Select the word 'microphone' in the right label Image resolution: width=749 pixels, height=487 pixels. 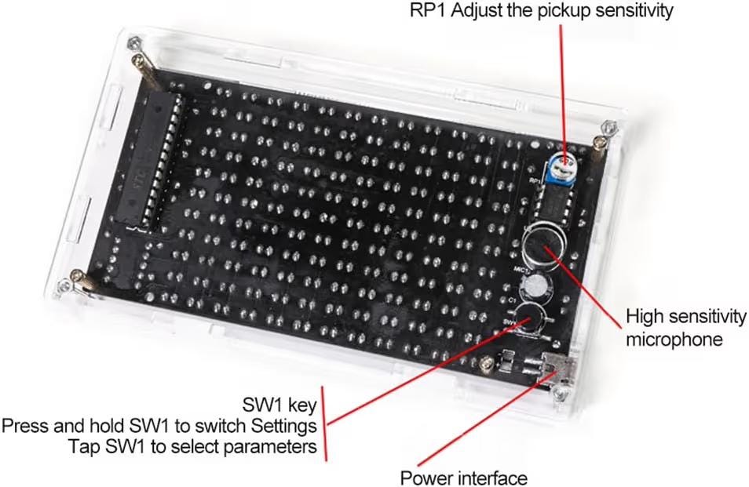[674, 340]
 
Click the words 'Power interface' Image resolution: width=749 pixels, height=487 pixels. [464, 477]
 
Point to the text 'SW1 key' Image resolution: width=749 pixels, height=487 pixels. [280, 405]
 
